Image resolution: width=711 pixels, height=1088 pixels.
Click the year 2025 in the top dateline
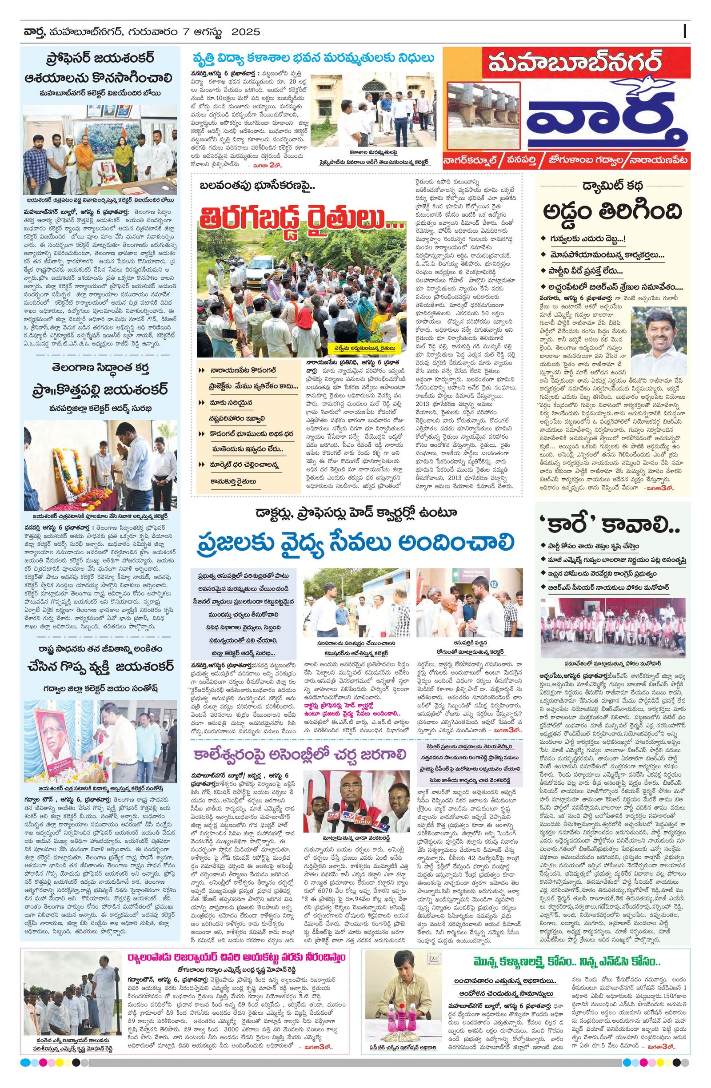click(246, 32)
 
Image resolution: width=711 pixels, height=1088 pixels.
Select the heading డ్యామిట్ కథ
click(612, 187)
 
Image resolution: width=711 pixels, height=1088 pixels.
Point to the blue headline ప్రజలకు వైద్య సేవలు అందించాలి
click(356, 542)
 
